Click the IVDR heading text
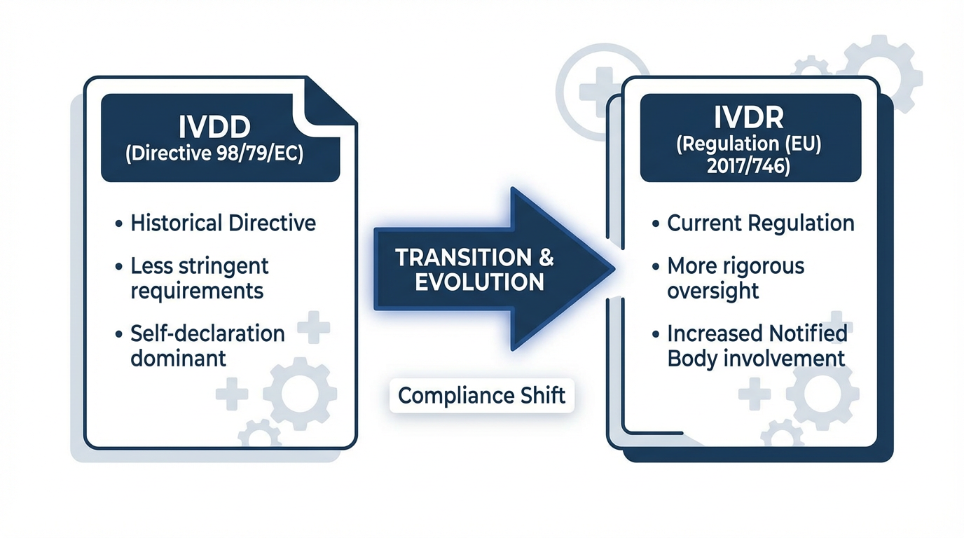point(749,118)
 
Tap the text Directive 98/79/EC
point(214,154)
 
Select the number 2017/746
point(749,167)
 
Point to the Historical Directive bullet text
point(223,223)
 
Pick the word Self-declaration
point(207,333)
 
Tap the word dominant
point(178,358)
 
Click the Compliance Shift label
point(481,395)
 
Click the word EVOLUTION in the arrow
point(479,282)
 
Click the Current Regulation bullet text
point(760,223)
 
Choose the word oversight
point(712,291)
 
